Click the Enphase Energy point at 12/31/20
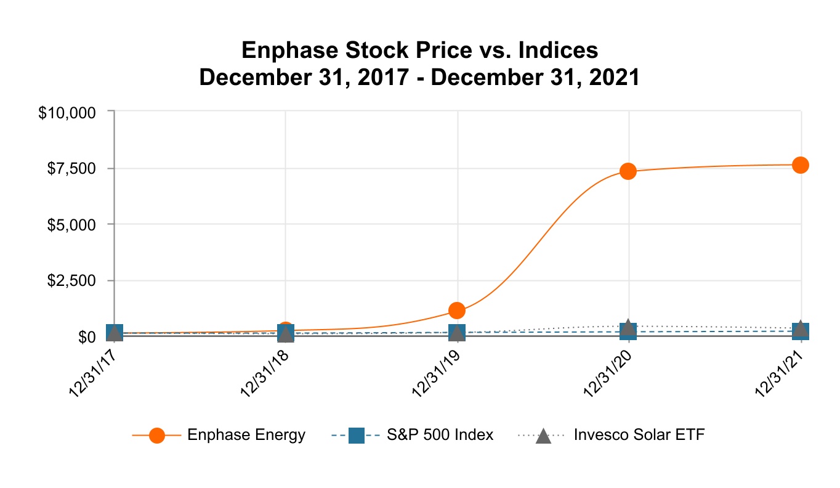[628, 171]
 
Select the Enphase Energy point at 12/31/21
[800, 165]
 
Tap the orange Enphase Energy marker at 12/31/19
[457, 310]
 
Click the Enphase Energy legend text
[246, 435]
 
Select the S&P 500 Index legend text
[440, 435]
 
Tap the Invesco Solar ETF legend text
[639, 435]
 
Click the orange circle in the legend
[157, 436]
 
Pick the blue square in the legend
[357, 436]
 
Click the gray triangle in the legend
[543, 436]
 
